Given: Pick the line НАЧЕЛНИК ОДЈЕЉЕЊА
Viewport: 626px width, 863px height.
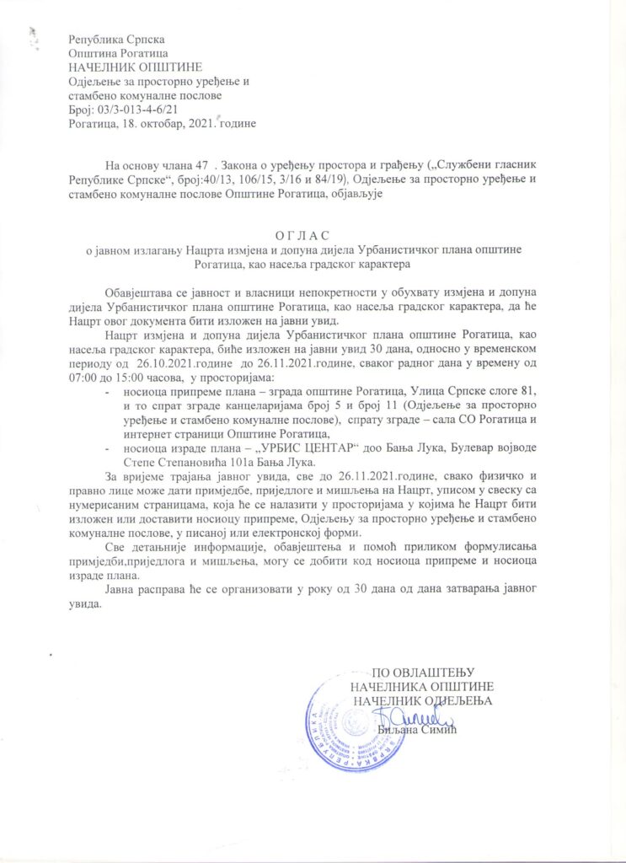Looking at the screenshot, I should pyautogui.click(x=422, y=700).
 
